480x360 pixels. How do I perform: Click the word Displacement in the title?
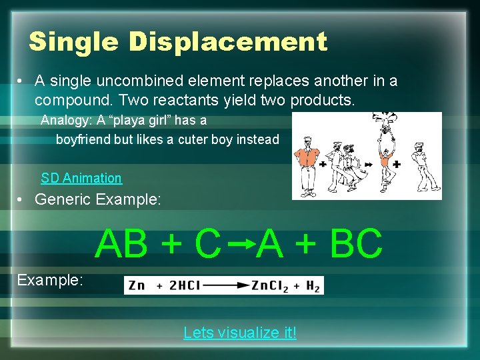coord(228,42)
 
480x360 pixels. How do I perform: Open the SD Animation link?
coord(81,178)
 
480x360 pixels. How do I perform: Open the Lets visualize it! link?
coord(240,333)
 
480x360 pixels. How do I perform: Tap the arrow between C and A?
coord(241,243)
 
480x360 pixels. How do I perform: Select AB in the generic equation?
coord(121,243)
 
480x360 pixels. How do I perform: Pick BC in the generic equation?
coord(357,243)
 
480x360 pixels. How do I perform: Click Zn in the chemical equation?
coord(136,285)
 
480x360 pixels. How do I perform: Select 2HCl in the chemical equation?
coord(184,285)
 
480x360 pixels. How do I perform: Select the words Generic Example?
coord(98,199)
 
